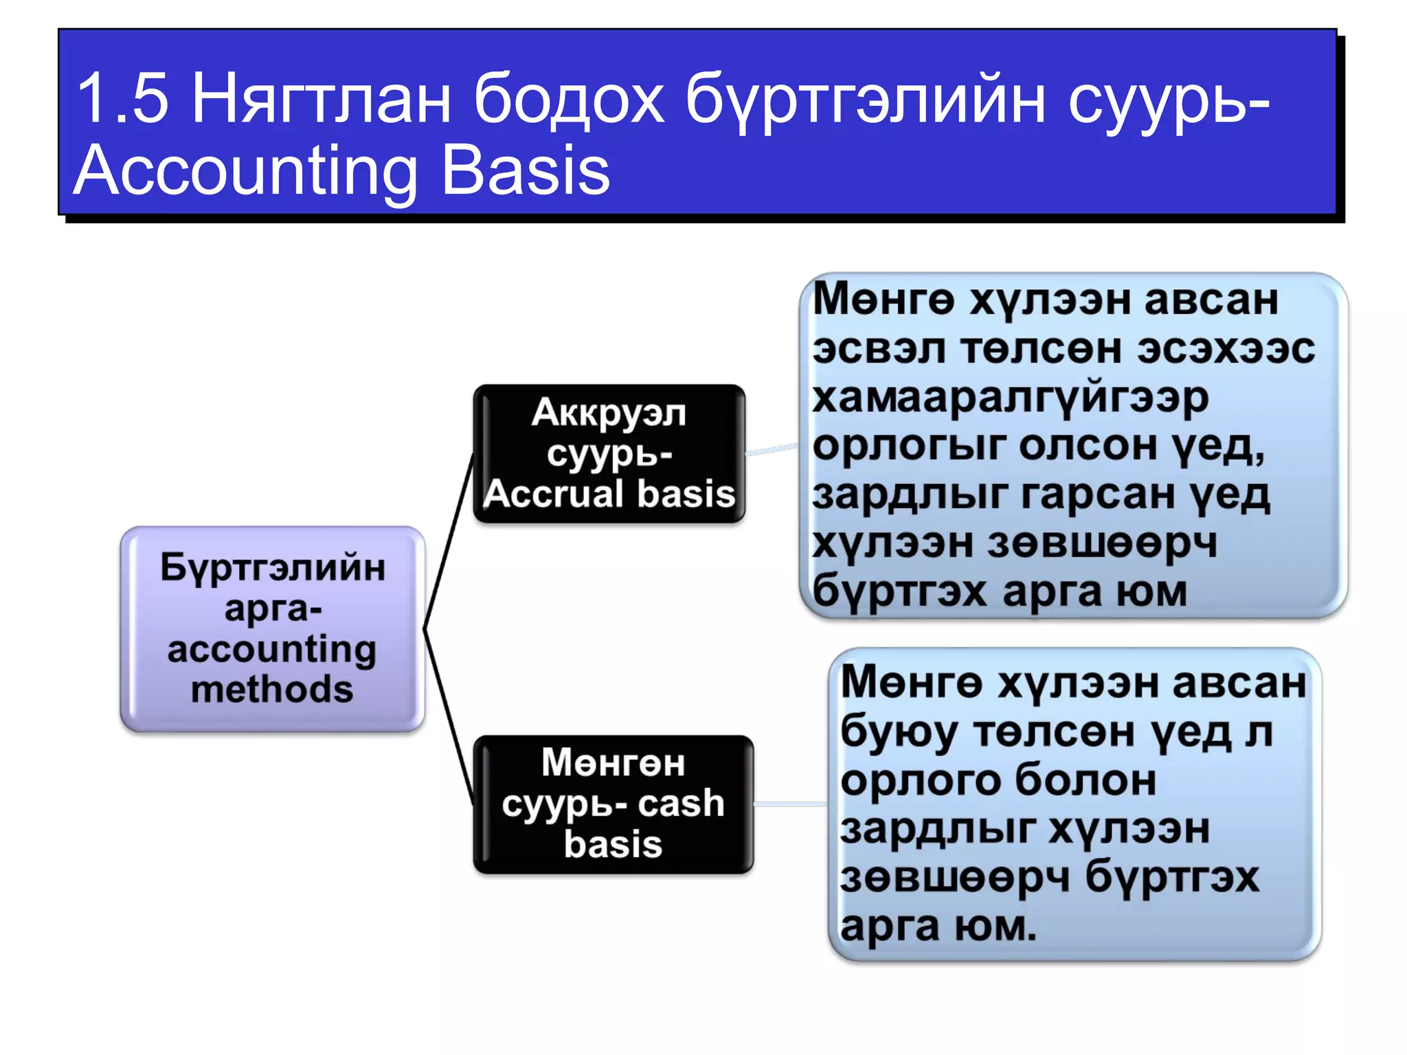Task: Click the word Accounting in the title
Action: coord(245,171)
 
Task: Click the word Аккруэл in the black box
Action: coord(609,413)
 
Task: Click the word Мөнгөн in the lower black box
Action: coord(613,762)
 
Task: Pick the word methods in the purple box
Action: coord(272,689)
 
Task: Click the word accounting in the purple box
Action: coord(272,649)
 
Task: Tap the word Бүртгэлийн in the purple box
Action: coord(273,568)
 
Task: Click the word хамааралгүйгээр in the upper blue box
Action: coord(1010,398)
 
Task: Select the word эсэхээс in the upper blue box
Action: coord(1226,349)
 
